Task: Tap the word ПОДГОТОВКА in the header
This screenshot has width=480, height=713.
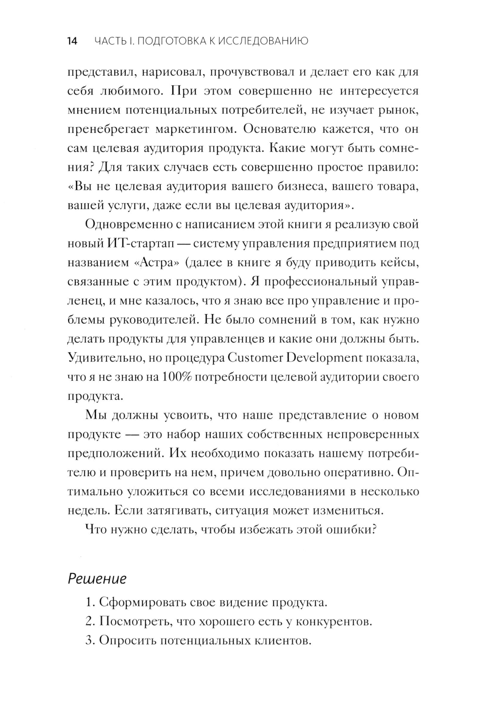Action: coord(170,41)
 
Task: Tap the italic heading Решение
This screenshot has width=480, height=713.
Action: coord(97,578)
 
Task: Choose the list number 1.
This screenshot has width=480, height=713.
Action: coord(89,602)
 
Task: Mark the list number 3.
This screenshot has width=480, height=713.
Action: coord(89,641)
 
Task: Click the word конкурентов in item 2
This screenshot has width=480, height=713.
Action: coord(334,621)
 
